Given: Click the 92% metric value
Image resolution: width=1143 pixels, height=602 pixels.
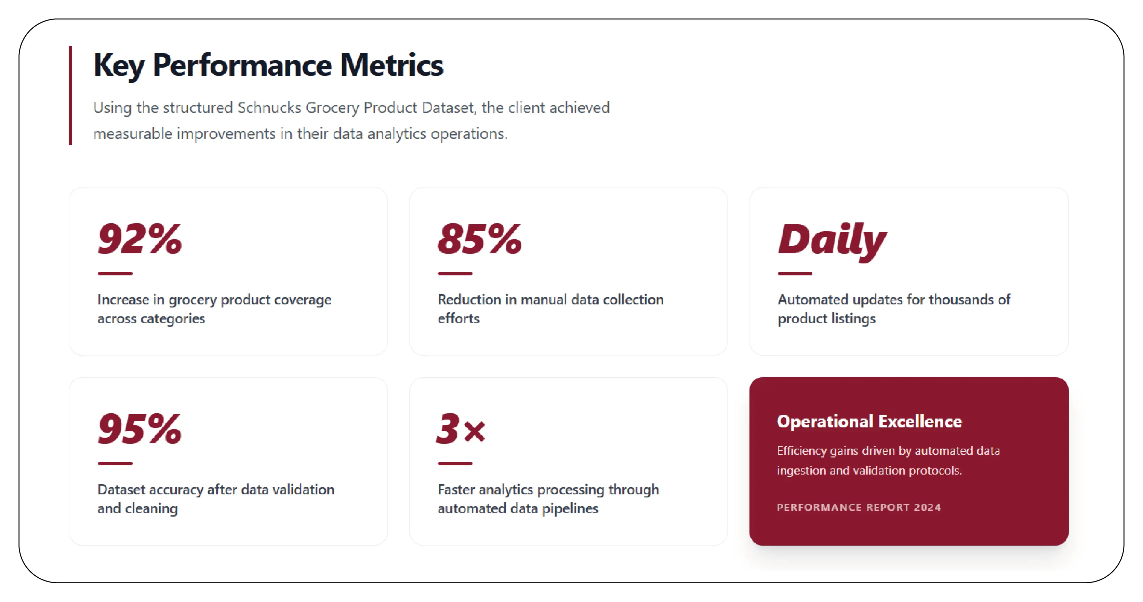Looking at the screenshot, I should point(140,240).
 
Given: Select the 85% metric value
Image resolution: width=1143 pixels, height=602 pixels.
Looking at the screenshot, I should point(479,240).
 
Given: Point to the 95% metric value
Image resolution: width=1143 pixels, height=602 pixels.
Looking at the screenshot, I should point(140,429).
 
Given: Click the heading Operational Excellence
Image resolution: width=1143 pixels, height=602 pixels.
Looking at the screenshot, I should point(869,422).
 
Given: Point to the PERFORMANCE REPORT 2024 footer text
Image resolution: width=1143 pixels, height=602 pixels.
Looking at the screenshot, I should point(859,508).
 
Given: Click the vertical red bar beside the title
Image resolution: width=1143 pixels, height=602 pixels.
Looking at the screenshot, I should point(70,95).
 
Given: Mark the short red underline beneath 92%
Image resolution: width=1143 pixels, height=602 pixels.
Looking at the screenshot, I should point(115,274).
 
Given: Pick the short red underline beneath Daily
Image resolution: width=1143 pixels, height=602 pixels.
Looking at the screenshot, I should point(795,274).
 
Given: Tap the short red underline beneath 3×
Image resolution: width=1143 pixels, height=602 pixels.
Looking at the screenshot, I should point(455,464).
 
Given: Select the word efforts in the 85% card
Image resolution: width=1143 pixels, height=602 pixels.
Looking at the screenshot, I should point(458,319).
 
